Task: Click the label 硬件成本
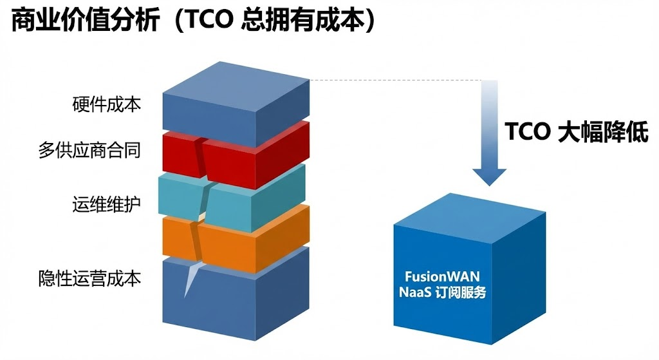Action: (x=107, y=104)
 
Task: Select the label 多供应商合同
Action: (x=89, y=151)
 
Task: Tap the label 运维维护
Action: (x=107, y=205)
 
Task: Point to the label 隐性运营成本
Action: (x=89, y=278)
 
